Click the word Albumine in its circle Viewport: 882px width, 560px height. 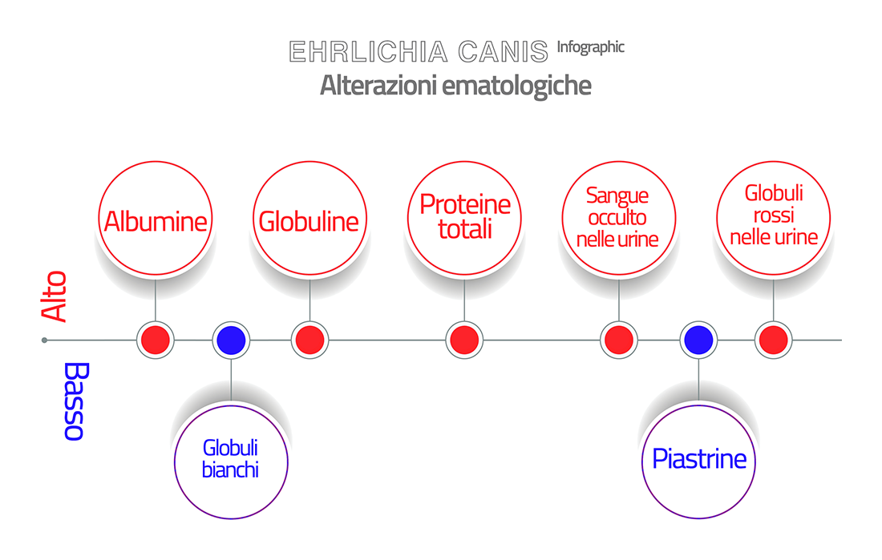(x=156, y=221)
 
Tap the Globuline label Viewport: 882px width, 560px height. (x=309, y=221)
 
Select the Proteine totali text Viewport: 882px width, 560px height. (x=465, y=216)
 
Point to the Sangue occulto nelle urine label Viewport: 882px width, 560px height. (x=617, y=217)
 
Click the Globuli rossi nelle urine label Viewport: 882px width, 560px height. (x=774, y=215)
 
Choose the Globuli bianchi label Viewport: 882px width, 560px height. (x=230, y=459)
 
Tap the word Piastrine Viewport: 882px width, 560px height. (x=699, y=459)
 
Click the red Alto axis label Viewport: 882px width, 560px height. (x=54, y=296)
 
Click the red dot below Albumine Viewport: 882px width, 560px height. (x=156, y=340)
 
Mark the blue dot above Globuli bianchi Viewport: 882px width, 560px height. (x=231, y=340)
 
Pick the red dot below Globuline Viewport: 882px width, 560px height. (x=310, y=340)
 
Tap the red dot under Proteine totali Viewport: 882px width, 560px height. (x=464, y=340)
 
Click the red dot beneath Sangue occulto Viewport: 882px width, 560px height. (x=619, y=340)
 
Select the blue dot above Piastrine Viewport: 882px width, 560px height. (x=698, y=340)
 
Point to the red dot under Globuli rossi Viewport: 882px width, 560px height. (x=774, y=340)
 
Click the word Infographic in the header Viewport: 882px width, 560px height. (x=591, y=47)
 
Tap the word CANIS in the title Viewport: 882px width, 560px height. (x=503, y=52)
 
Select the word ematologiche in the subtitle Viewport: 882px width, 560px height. (x=516, y=86)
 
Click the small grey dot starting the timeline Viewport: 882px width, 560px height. (x=44, y=340)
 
